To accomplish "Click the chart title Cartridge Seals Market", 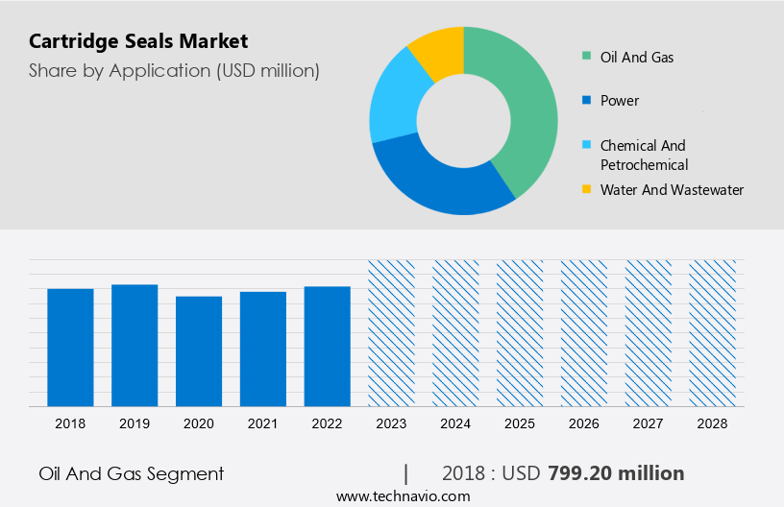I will [x=138, y=41].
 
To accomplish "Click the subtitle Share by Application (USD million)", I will [x=174, y=70].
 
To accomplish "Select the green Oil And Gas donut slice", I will [x=524, y=106].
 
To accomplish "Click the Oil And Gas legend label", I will [x=637, y=57].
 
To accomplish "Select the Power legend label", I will [x=619, y=101].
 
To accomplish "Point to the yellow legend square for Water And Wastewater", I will [x=586, y=190].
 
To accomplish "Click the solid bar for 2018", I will [x=70, y=347].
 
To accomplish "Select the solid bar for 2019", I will [x=135, y=345].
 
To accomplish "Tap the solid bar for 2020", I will [x=199, y=350].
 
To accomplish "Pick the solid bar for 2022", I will [x=328, y=346].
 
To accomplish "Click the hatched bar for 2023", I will [x=391, y=332].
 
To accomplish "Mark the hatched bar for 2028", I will [x=713, y=332].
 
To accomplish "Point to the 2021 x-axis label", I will [x=263, y=423].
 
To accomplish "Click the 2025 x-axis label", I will [x=520, y=423].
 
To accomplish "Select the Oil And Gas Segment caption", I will [x=132, y=473].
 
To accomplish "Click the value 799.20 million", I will [x=616, y=473].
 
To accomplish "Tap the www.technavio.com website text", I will [x=403, y=496].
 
